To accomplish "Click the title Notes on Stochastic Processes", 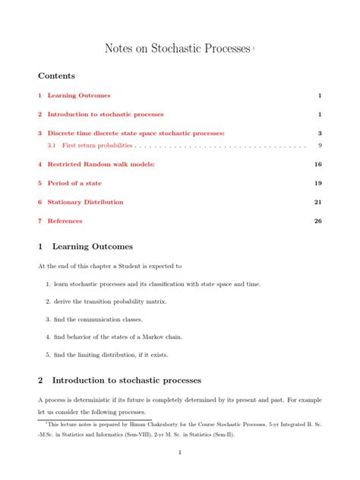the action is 177,49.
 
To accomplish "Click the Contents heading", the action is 56,77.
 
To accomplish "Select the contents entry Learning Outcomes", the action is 78,96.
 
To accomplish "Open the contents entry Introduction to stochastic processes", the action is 105,115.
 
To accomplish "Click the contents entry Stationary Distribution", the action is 85,202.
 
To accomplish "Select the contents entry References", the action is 65,221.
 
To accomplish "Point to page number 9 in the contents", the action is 321,145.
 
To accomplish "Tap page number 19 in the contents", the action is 318,183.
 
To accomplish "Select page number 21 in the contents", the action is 318,202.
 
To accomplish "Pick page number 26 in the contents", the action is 318,221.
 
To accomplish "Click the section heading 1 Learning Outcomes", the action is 85,247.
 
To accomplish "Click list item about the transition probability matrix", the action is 114,302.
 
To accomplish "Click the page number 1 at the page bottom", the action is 179,453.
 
